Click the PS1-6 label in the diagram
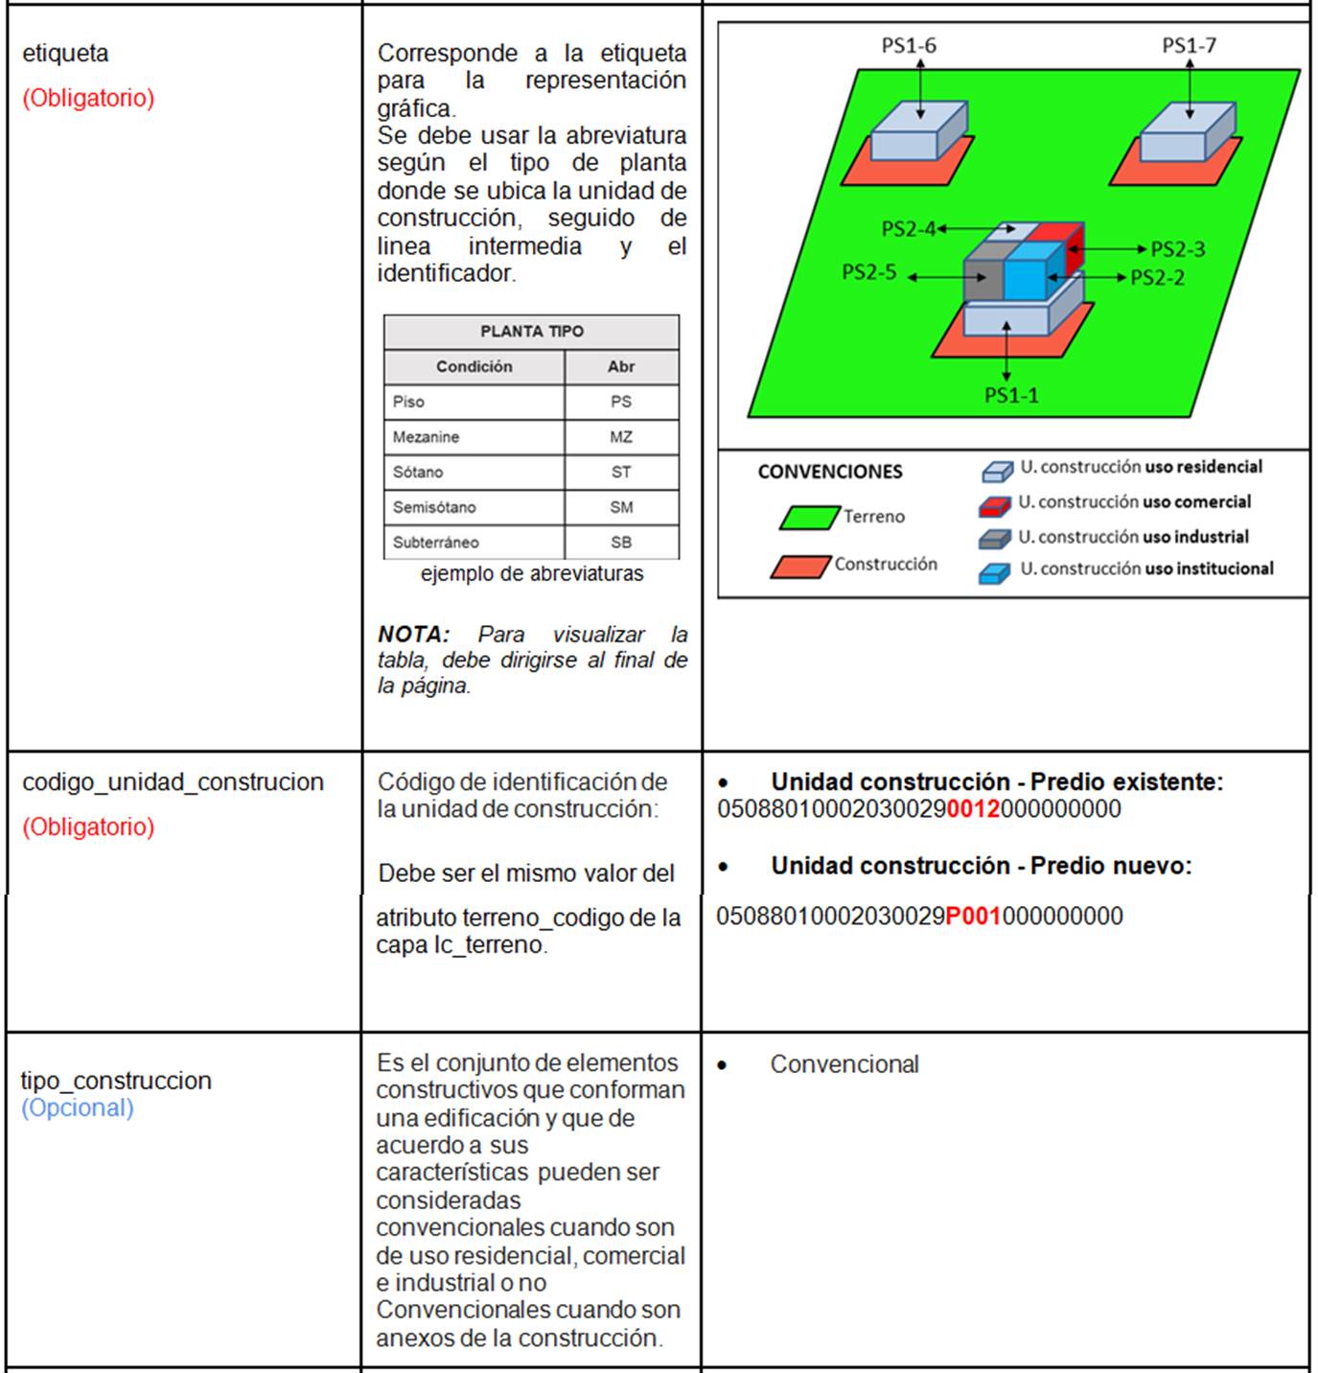click(x=909, y=45)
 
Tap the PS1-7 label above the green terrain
click(x=1189, y=45)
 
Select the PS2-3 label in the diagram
click(x=1177, y=249)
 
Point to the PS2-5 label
click(x=868, y=272)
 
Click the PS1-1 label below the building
click(x=1011, y=395)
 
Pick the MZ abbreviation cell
click(x=621, y=437)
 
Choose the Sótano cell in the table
click(x=418, y=472)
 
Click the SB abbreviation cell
click(x=621, y=542)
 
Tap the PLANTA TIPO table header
click(x=531, y=332)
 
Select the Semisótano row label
click(x=433, y=507)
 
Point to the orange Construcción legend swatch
click(x=799, y=567)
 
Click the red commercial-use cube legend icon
click(x=995, y=505)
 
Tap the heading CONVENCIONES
click(x=830, y=472)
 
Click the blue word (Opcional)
click(x=78, y=1107)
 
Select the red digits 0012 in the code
click(x=973, y=809)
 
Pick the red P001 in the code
click(x=973, y=917)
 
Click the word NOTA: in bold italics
click(x=413, y=635)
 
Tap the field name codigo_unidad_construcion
click(x=173, y=782)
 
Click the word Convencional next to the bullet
click(x=844, y=1064)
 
